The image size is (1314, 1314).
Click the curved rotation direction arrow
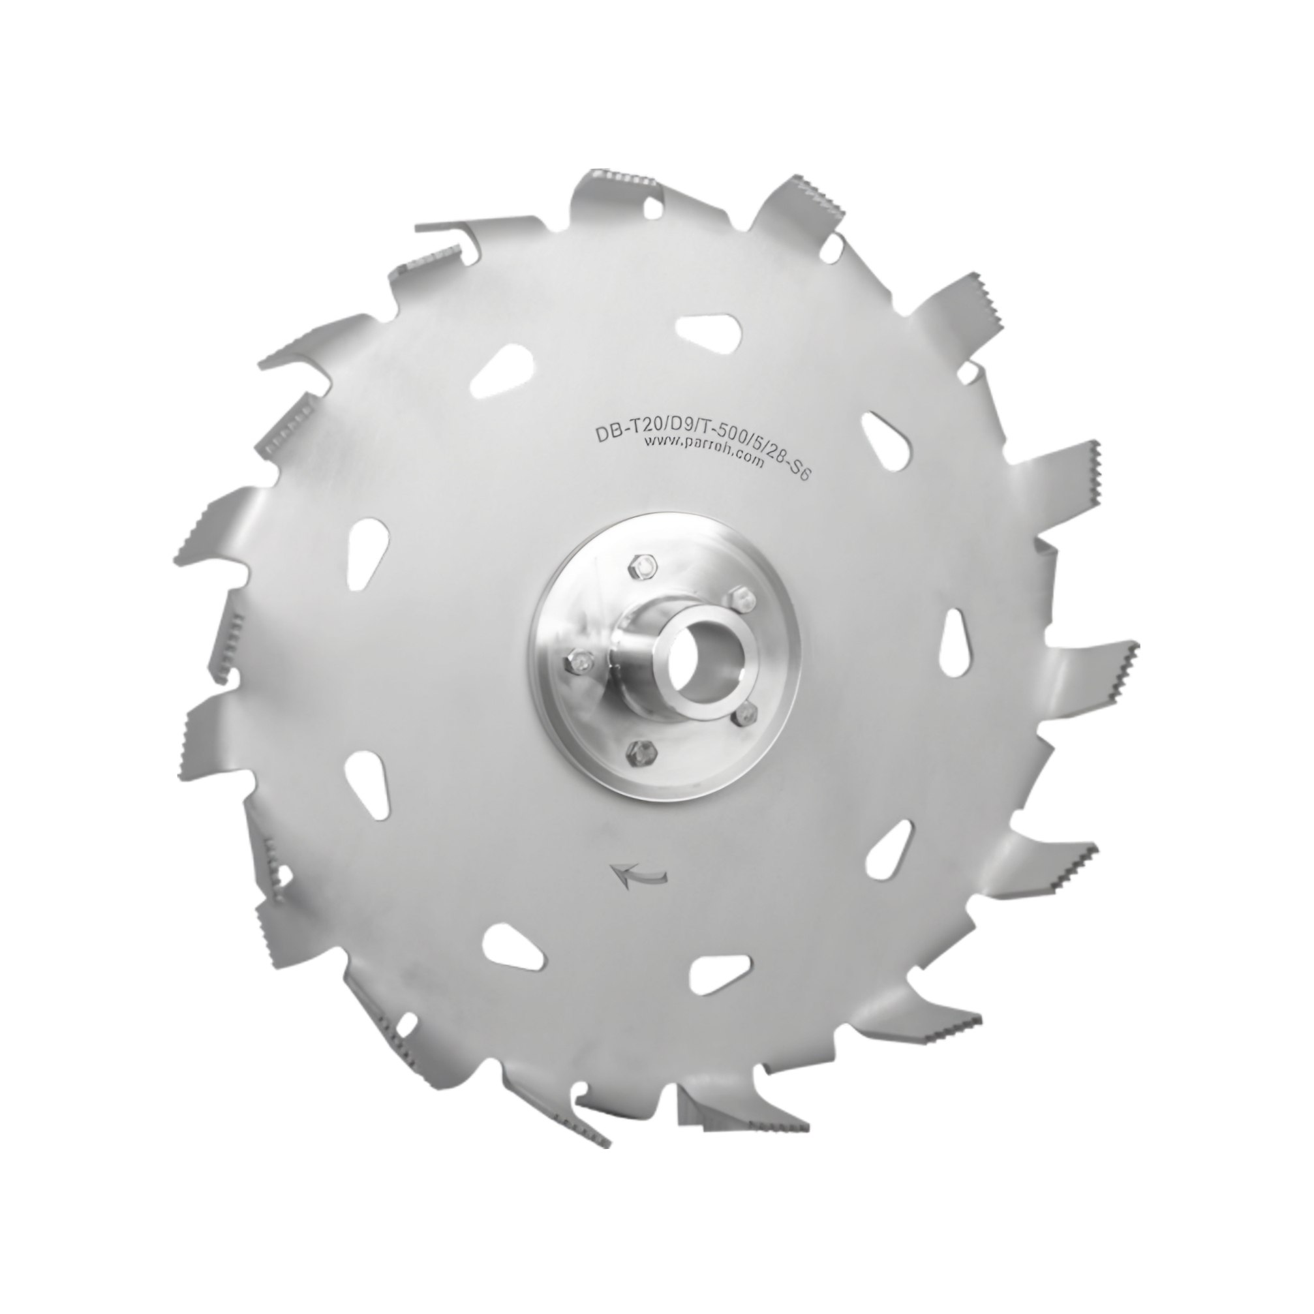tap(639, 874)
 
